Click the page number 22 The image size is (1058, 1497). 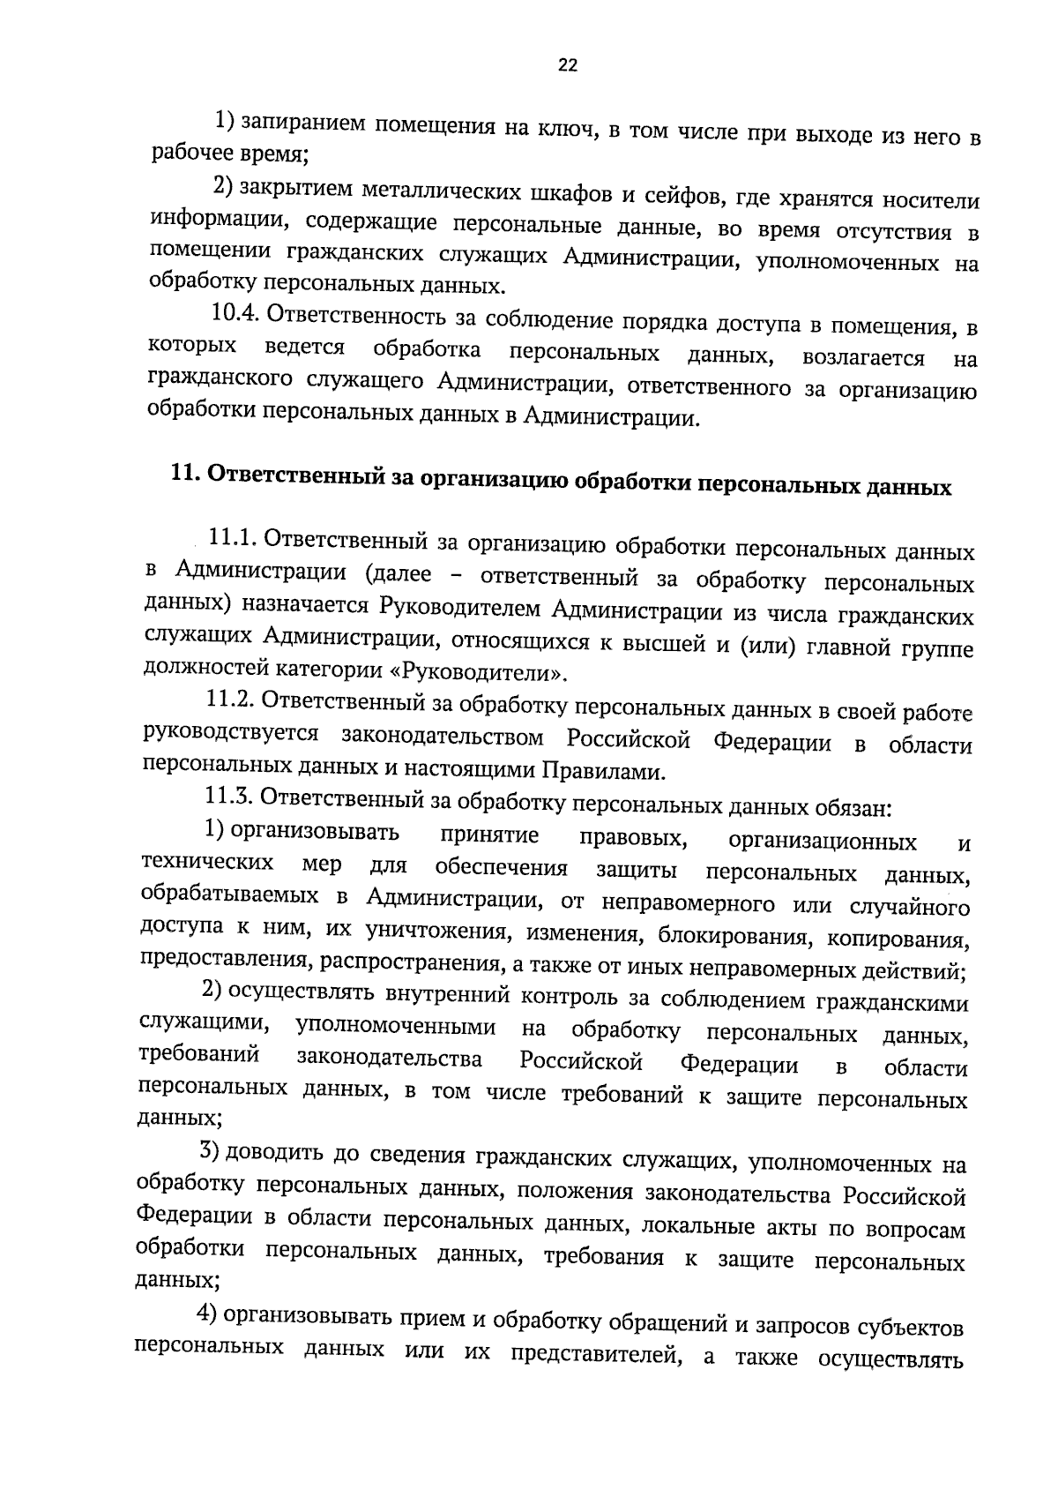tap(567, 64)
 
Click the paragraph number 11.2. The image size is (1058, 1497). tap(227, 700)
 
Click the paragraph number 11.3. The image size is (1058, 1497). tap(227, 797)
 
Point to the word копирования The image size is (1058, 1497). tap(910, 938)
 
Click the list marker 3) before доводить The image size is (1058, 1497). tap(208, 1151)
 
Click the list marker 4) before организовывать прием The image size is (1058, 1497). tap(206, 1314)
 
